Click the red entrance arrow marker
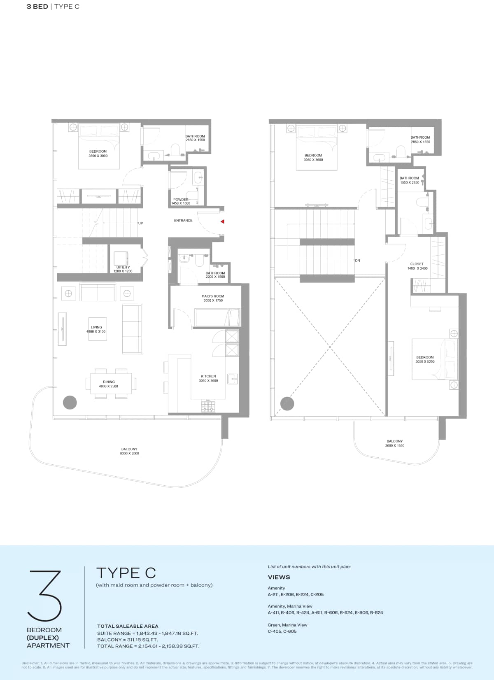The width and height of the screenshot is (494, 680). (x=222, y=221)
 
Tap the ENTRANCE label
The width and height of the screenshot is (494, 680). (x=183, y=221)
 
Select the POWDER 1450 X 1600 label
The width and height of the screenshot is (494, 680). (x=181, y=201)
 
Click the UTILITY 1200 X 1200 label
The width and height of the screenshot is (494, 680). (x=123, y=269)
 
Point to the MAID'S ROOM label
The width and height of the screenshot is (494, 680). (x=213, y=298)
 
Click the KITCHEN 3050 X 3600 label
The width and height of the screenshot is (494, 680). (x=208, y=378)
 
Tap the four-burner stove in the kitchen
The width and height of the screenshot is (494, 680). (x=208, y=406)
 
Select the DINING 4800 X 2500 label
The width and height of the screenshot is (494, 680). (x=109, y=384)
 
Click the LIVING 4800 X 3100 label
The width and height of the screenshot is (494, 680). (x=96, y=329)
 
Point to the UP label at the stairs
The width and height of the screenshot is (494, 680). (x=140, y=223)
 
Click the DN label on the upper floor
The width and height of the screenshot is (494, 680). (x=357, y=261)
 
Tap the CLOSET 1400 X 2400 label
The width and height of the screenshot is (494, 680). (x=417, y=266)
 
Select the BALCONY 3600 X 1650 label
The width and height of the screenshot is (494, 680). (x=394, y=443)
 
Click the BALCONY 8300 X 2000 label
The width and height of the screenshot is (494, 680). (x=129, y=451)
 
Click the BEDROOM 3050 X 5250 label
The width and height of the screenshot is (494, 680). (x=425, y=359)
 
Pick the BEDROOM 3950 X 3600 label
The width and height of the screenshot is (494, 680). (x=313, y=157)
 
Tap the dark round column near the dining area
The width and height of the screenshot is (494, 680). (x=70, y=402)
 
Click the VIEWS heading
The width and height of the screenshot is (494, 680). (x=279, y=577)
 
